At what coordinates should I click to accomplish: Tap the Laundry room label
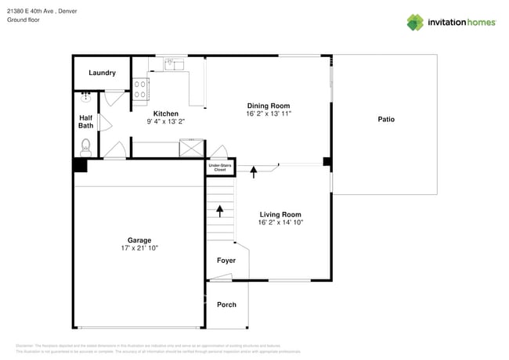click(102, 73)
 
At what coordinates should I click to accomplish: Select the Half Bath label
click(86, 121)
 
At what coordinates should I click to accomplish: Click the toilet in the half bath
click(86, 146)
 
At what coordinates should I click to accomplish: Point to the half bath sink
click(85, 99)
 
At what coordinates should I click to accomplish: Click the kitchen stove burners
click(141, 90)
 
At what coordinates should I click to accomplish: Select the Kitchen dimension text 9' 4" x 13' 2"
click(165, 121)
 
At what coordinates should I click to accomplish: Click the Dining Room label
click(269, 106)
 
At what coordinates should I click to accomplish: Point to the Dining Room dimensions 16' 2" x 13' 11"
click(269, 113)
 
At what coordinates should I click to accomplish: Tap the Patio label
click(386, 120)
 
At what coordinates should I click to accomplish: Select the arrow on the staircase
click(220, 210)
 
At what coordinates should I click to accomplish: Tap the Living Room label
click(280, 214)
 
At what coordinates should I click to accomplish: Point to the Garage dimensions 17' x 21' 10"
click(139, 248)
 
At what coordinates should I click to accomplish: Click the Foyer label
click(226, 261)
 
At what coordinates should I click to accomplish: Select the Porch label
click(226, 304)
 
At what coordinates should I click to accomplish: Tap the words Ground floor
click(23, 20)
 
